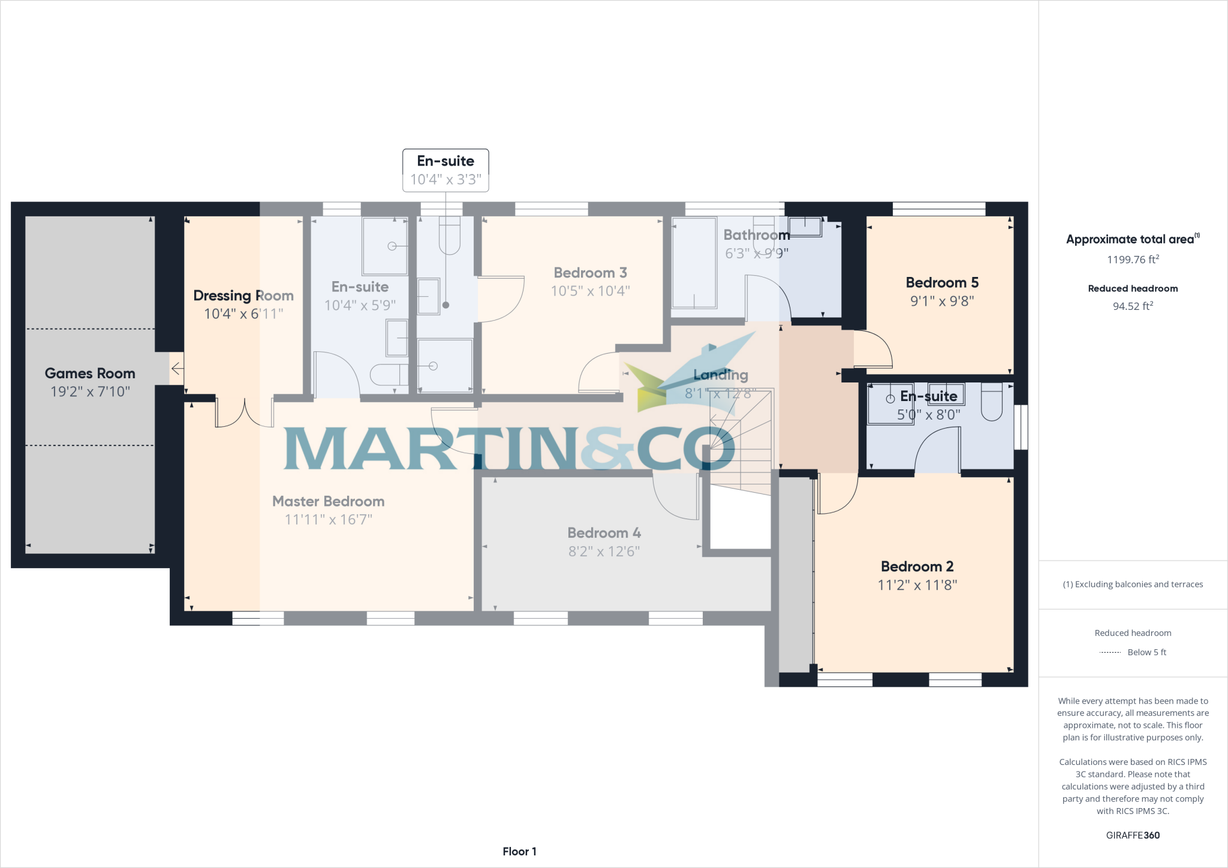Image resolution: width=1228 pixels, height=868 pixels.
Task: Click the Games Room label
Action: (x=90, y=373)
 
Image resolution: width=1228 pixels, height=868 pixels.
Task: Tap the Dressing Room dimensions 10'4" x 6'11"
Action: (x=243, y=314)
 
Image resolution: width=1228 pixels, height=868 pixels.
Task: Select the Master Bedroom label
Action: (x=328, y=501)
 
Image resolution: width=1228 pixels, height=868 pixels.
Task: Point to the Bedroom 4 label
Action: (x=604, y=533)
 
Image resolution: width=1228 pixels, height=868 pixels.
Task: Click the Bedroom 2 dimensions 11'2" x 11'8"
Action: (x=917, y=585)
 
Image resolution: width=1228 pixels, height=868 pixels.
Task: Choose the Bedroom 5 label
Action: (x=941, y=282)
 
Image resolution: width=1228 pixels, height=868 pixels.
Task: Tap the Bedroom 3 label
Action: (x=590, y=273)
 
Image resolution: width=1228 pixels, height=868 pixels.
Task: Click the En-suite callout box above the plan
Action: (x=446, y=170)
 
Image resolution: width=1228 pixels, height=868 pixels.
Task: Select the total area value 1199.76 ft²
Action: (x=1133, y=260)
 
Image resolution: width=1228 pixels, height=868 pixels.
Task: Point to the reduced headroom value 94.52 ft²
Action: (x=1133, y=306)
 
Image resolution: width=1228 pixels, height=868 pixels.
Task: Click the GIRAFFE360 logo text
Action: (x=1133, y=835)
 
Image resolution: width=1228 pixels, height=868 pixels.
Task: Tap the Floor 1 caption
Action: (x=519, y=851)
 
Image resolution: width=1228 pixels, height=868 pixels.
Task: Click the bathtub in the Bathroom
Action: (x=694, y=264)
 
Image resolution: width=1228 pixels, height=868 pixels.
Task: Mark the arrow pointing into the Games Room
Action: (x=177, y=369)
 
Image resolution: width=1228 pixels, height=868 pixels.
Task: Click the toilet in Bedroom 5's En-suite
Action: (x=992, y=401)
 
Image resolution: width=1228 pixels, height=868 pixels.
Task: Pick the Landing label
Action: (x=720, y=375)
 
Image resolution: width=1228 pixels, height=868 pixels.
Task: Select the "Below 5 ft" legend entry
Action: (x=1146, y=652)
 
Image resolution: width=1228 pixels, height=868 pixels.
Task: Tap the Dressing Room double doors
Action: (x=245, y=412)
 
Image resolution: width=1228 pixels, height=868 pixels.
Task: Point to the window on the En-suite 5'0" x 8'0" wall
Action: (x=1021, y=427)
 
